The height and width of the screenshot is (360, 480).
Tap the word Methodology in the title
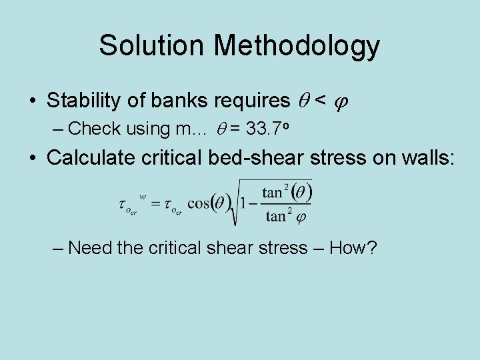pyautogui.click(x=297, y=45)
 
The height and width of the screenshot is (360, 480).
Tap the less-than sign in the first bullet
pyautogui.click(x=320, y=101)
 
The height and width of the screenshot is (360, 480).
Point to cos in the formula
pyautogui.click(x=199, y=203)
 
